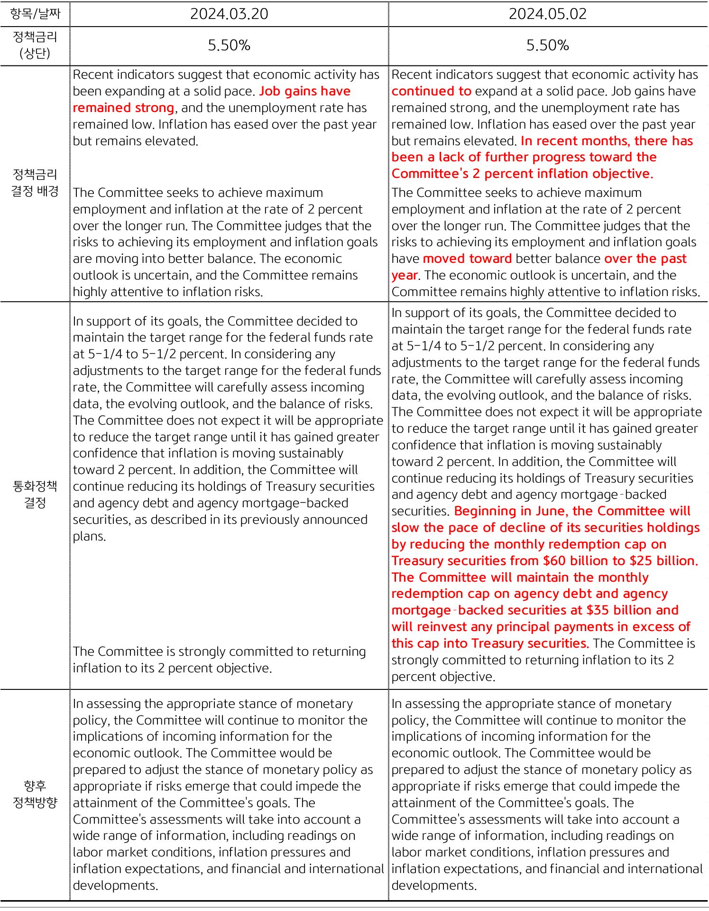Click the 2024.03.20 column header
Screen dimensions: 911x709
pyautogui.click(x=229, y=14)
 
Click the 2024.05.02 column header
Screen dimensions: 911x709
pyautogui.click(x=547, y=14)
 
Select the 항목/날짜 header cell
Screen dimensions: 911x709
pyautogui.click(x=35, y=14)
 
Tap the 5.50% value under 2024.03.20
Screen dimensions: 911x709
pyautogui.click(x=229, y=46)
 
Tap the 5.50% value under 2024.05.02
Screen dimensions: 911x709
pyautogui.click(x=547, y=46)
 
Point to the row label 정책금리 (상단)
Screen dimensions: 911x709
pyautogui.click(x=35, y=45)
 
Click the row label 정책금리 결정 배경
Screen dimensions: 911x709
pyautogui.click(x=35, y=183)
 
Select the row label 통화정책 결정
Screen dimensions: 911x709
pyautogui.click(x=35, y=494)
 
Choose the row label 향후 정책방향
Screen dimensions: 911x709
pyautogui.click(x=35, y=794)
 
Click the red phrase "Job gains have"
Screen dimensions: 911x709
pyautogui.click(x=305, y=91)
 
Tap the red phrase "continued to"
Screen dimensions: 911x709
pyautogui.click(x=431, y=91)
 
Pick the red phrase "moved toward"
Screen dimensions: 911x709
pyautogui.click(x=467, y=259)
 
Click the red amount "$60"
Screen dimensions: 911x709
pyautogui.click(x=554, y=561)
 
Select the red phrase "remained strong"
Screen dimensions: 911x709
pyautogui.click(x=123, y=108)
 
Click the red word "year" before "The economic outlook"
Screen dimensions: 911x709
pyautogui.click(x=404, y=276)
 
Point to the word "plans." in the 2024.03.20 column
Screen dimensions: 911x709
pyautogui.click(x=89, y=537)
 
